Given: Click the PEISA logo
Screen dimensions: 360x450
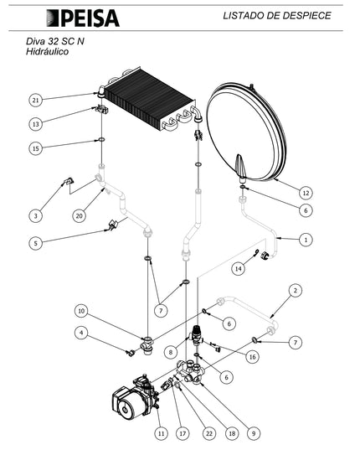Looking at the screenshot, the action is point(83,18).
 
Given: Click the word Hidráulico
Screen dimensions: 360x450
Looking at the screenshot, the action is point(47,52).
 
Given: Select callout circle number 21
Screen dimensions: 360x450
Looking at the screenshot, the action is point(35,101).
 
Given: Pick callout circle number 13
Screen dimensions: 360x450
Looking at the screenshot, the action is point(35,124).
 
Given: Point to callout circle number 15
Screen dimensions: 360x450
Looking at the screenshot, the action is point(35,148).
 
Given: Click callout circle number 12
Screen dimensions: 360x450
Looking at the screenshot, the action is point(306,193).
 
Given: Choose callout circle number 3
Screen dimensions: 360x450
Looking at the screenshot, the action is point(35,215).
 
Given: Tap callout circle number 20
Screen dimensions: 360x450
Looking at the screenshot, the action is point(79,215).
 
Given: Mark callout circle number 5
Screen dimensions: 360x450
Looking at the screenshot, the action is point(35,243).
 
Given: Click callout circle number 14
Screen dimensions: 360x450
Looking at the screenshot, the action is point(239,269).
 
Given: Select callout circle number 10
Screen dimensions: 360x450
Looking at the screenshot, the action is point(81,311).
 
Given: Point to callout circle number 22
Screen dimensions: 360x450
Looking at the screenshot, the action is point(209,433).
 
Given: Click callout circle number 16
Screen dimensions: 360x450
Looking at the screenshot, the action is point(253,357).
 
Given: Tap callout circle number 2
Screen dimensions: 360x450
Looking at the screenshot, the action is point(296,291).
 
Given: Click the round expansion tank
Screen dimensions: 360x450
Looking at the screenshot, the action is point(246,132).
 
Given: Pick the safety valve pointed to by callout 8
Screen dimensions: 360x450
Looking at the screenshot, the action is point(197,335).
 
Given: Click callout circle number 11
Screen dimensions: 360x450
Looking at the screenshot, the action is point(161,433).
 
